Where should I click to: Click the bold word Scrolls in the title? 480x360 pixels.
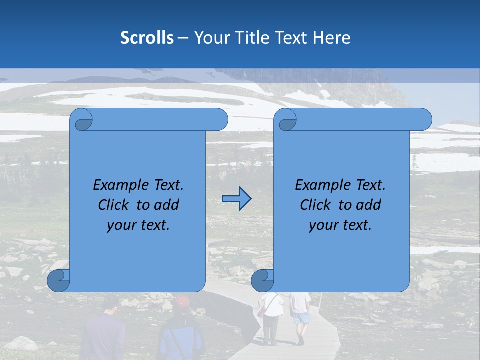[147, 38]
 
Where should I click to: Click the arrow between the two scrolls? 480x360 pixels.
[236, 199]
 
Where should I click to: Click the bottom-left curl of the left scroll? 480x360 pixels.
[59, 281]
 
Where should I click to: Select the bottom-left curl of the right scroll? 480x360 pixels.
[263, 281]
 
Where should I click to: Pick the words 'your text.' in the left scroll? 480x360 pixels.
[138, 225]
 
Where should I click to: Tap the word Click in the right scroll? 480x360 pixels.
[315, 205]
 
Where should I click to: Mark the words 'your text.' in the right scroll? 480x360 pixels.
[340, 225]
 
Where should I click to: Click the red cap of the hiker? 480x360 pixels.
[182, 301]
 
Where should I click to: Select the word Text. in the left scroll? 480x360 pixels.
[166, 185]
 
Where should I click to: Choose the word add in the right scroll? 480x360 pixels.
[369, 205]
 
